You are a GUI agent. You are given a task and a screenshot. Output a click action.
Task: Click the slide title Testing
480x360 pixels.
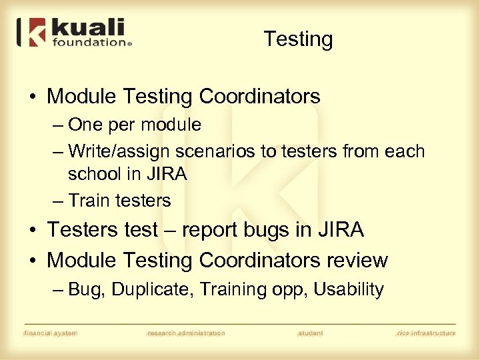(x=298, y=39)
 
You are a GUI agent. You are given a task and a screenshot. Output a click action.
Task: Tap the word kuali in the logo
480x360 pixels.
(x=88, y=29)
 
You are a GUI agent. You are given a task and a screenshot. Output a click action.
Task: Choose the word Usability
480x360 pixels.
(x=349, y=290)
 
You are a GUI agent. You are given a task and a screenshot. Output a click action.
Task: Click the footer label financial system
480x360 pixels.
(x=51, y=333)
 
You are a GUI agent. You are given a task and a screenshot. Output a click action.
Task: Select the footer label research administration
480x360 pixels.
(x=185, y=333)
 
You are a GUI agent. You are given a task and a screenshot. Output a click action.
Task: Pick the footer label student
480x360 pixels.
(x=310, y=333)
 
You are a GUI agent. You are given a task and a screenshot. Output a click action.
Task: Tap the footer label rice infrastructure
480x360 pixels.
(x=426, y=333)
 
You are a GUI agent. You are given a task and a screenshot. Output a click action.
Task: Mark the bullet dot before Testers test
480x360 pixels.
(x=32, y=231)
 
